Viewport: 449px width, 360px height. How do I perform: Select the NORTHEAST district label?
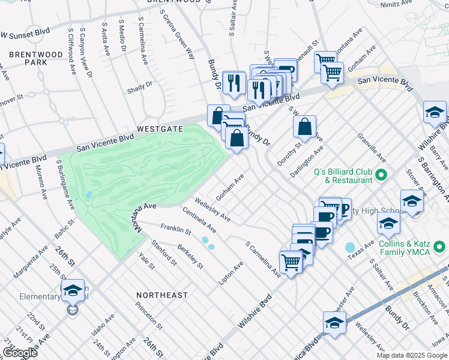click(x=161, y=295)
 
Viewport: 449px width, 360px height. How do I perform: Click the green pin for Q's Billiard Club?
click(x=380, y=175)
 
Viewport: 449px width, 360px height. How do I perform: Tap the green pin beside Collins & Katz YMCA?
click(x=439, y=247)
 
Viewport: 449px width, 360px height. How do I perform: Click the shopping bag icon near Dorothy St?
click(x=305, y=127)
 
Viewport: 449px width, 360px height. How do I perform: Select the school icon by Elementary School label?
click(x=72, y=291)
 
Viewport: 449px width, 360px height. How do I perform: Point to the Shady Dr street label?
click(x=140, y=88)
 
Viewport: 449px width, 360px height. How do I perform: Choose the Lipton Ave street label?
click(x=235, y=272)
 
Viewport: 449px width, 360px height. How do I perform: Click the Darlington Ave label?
click(x=315, y=158)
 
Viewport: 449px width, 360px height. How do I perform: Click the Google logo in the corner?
click(x=20, y=353)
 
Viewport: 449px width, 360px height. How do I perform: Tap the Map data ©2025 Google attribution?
click(x=412, y=355)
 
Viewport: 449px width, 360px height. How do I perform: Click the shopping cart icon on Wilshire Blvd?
click(x=291, y=262)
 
